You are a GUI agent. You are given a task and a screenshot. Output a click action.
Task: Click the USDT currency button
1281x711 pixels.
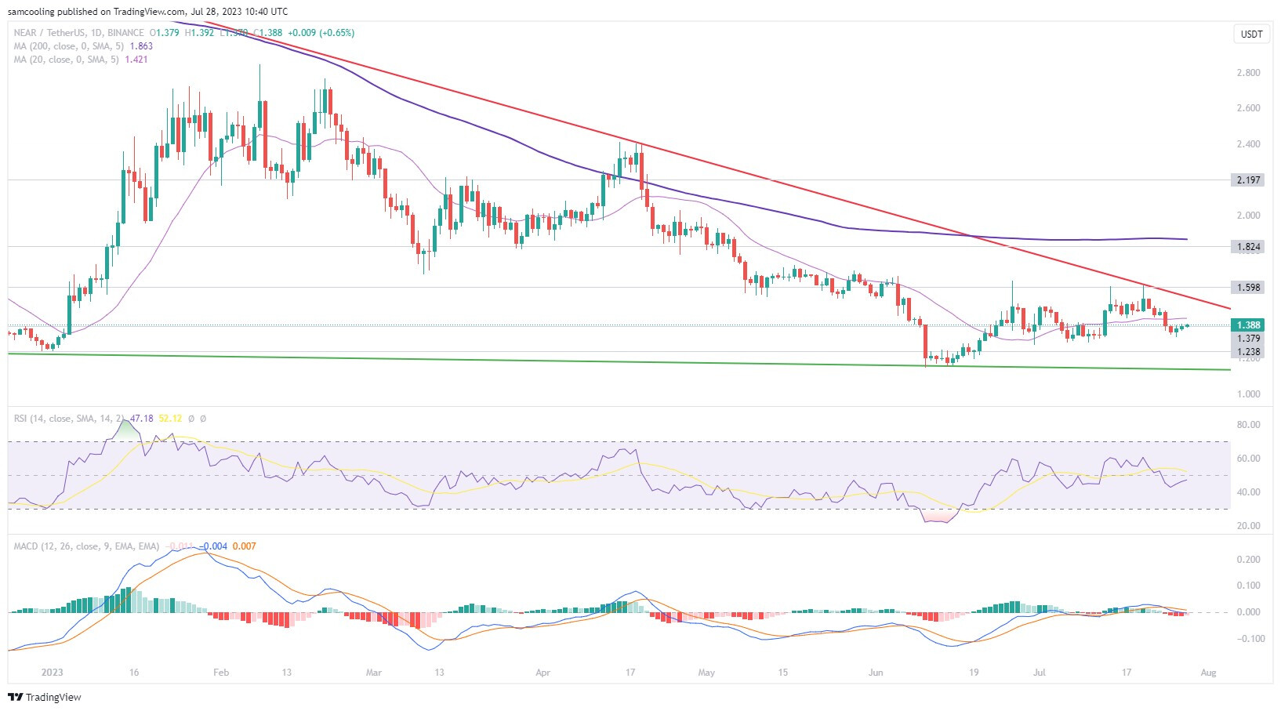(1251, 34)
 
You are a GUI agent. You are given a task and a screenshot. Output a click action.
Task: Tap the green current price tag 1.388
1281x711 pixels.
(1248, 325)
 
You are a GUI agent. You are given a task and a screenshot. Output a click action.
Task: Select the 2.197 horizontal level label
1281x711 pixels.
(1248, 180)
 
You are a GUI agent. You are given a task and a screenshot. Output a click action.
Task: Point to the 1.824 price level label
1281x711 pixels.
(1248, 247)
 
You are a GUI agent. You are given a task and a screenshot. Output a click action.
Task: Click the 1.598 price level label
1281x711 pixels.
(1248, 288)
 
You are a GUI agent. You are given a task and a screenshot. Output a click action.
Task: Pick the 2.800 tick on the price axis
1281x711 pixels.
(1248, 73)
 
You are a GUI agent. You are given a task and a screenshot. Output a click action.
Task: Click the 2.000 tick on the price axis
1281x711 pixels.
(1248, 216)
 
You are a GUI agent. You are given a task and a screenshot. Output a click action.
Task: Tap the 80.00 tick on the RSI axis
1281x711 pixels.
(1248, 425)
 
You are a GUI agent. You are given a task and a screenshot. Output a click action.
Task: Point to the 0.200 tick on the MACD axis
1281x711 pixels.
(1248, 560)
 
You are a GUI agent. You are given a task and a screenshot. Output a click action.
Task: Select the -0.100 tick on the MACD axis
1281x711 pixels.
(1247, 639)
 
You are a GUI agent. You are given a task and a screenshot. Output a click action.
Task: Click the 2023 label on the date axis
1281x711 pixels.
(52, 673)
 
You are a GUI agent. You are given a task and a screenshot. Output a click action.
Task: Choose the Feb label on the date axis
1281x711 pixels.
(221, 673)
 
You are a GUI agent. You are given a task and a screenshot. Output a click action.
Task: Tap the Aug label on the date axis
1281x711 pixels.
(1208, 673)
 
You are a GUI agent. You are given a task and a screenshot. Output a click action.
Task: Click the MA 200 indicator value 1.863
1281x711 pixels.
(141, 46)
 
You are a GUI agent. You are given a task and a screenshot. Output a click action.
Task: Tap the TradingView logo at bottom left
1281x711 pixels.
(45, 697)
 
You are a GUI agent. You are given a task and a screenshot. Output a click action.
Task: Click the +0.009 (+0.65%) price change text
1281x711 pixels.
(321, 33)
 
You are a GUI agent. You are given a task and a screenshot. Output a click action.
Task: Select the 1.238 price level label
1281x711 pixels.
(1248, 352)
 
